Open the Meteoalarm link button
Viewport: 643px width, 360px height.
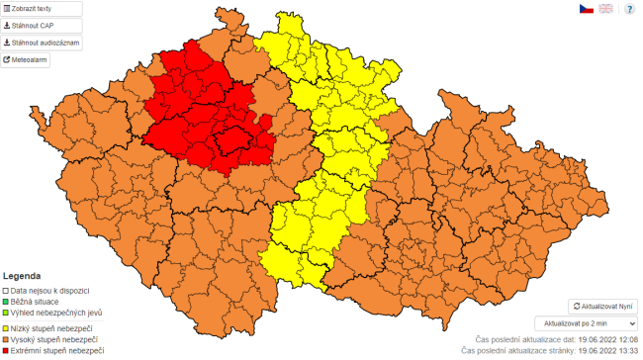coord(26,59)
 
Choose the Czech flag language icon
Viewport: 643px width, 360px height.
coord(586,9)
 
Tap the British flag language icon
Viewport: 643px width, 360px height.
coord(605,9)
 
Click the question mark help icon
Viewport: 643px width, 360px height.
coord(629,9)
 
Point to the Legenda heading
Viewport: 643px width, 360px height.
coord(22,275)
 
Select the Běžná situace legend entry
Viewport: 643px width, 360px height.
coord(39,302)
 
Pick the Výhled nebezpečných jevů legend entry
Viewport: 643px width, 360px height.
coord(54,313)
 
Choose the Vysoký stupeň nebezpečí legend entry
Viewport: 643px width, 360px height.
coord(53,339)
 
